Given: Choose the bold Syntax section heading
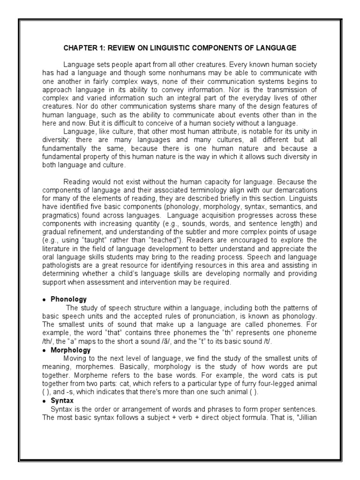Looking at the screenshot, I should pos(62,401).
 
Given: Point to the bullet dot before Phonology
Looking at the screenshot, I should pos(45,300).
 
